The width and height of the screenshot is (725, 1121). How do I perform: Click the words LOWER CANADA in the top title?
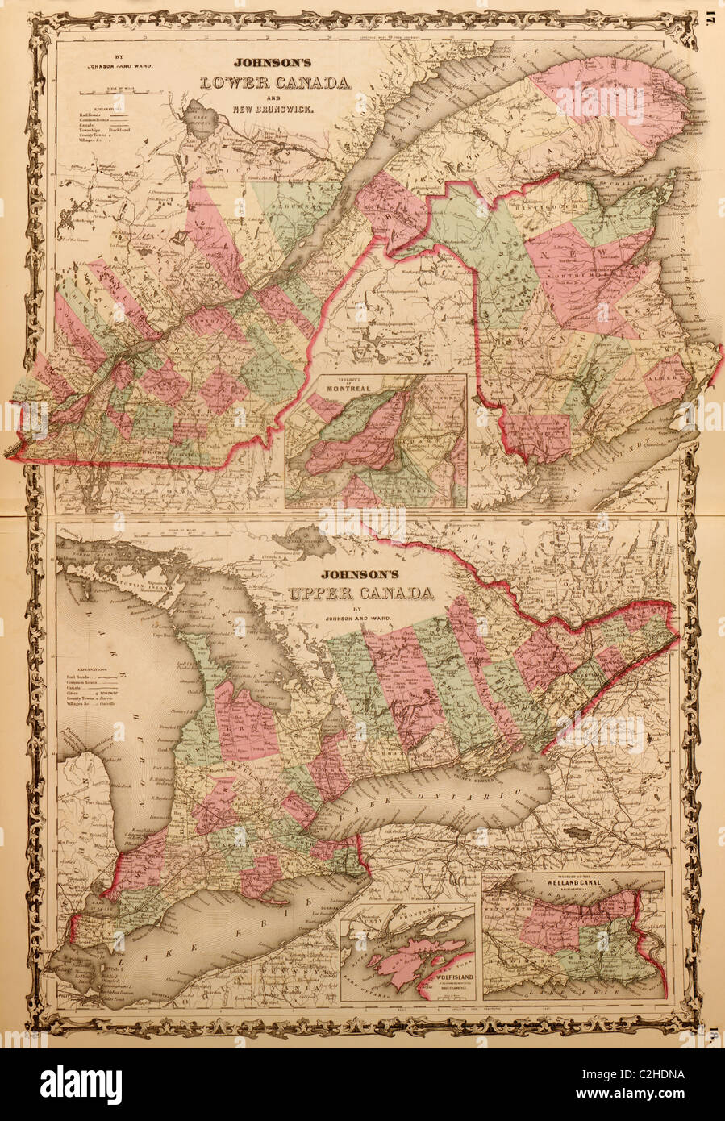(274, 83)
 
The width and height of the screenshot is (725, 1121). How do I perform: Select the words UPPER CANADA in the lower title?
(359, 595)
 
